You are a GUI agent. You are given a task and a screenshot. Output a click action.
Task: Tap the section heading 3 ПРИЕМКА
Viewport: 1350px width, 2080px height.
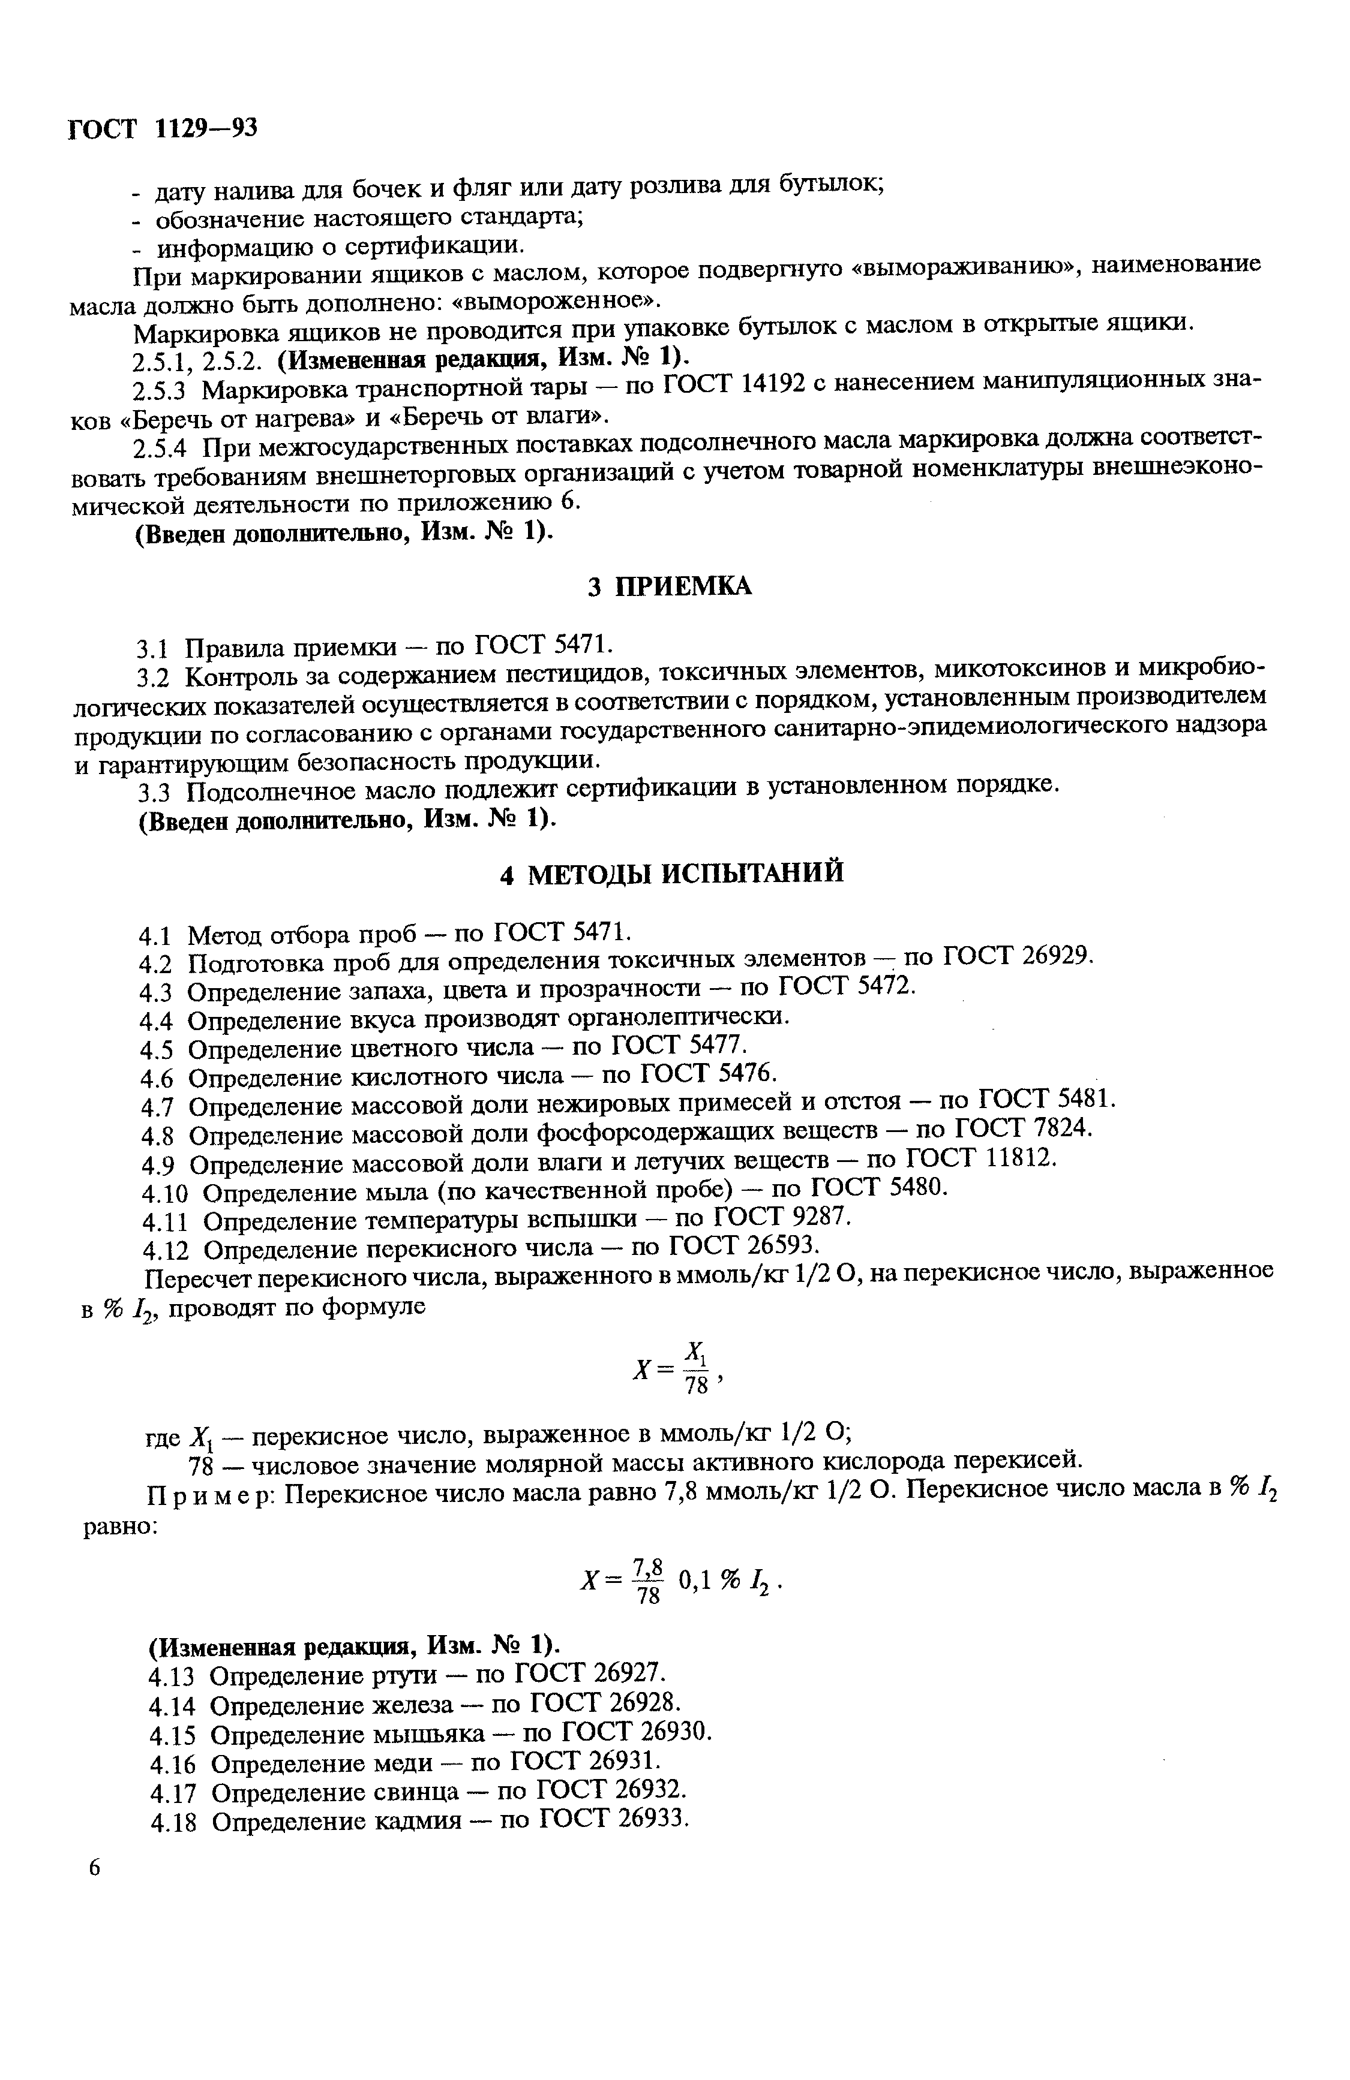point(669,586)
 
